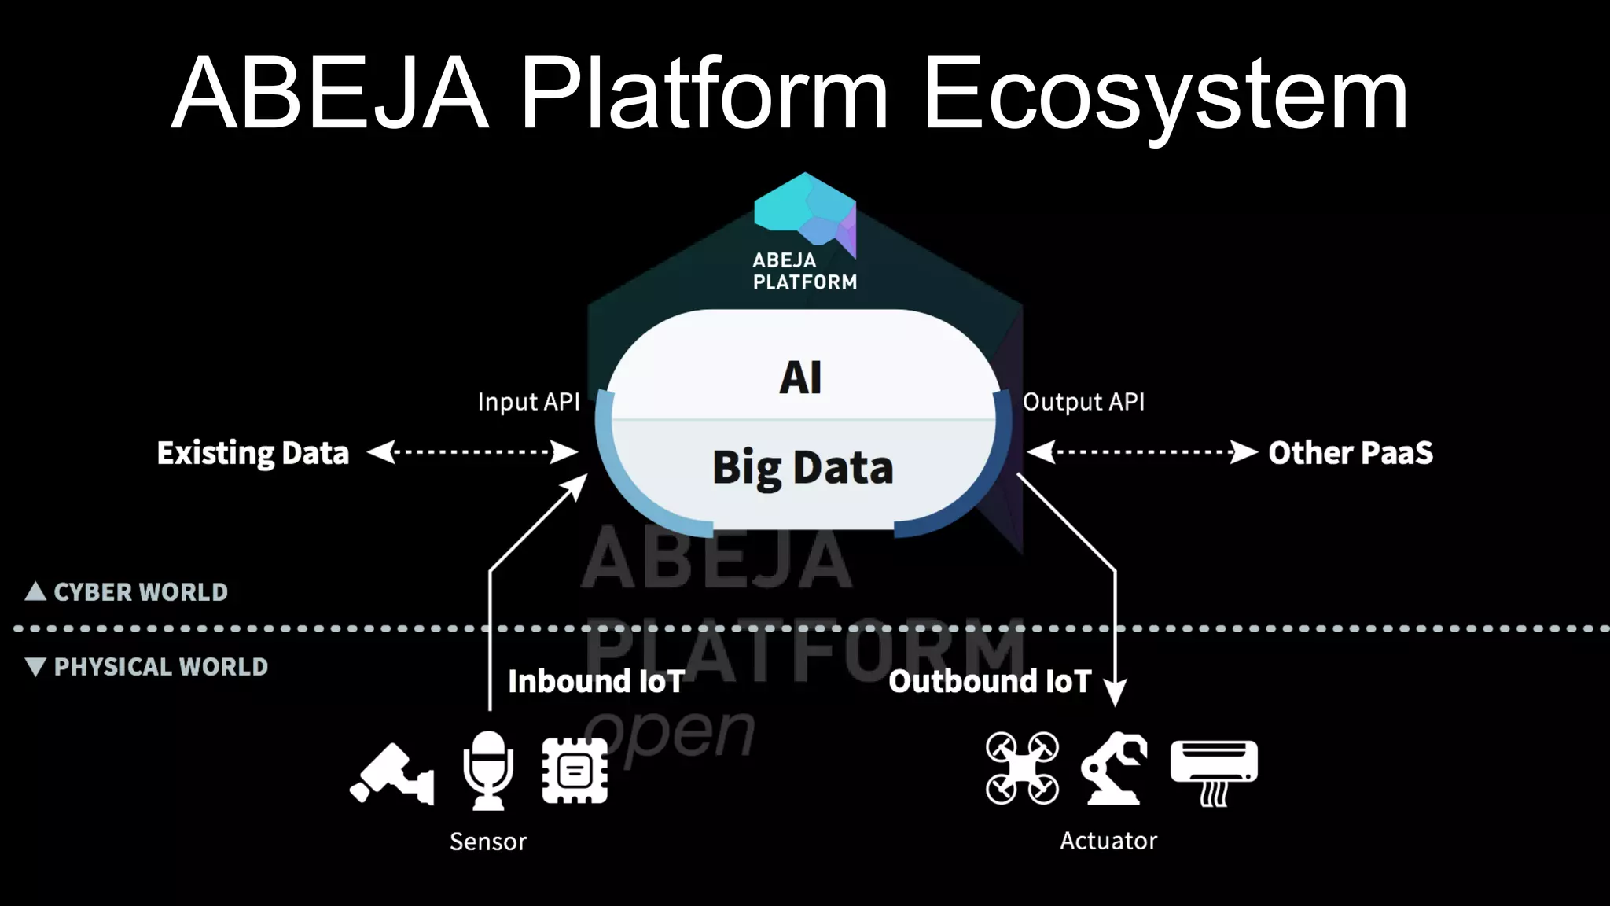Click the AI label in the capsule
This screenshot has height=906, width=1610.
800,377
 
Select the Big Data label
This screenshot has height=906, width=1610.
803,468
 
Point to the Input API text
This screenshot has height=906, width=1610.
528,402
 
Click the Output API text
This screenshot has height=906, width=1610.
1083,402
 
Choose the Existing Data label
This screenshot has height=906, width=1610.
252,453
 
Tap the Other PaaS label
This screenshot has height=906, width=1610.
1350,453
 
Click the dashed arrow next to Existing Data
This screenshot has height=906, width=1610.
472,452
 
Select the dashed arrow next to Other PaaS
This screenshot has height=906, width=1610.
1142,452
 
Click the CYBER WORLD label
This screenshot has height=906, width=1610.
140,592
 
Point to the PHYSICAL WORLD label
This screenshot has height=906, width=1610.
160,667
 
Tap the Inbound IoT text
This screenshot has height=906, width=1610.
596,681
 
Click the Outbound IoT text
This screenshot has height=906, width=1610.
990,681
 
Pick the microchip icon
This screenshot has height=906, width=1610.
575,771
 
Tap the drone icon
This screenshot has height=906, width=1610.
1022,768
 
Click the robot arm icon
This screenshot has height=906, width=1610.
1114,768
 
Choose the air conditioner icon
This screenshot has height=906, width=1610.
1214,769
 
